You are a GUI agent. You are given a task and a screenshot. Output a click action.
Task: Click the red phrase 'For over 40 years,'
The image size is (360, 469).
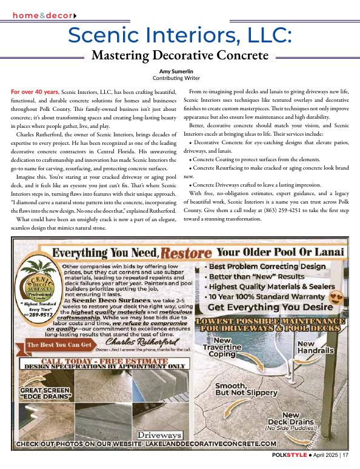click(35, 91)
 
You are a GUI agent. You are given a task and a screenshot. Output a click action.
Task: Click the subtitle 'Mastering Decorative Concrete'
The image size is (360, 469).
click(179, 56)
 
